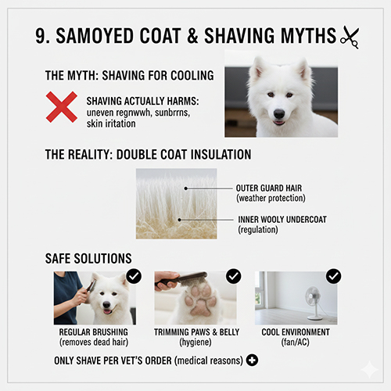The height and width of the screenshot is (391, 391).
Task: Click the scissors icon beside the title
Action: (x=348, y=36)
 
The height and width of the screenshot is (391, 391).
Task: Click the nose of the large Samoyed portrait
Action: (x=279, y=113)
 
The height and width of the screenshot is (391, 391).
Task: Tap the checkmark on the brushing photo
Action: (x=134, y=275)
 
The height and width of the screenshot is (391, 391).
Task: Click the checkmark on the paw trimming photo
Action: (x=233, y=275)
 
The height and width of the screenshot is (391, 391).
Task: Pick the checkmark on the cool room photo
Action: (x=333, y=275)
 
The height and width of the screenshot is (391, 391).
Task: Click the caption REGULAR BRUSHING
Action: (x=95, y=332)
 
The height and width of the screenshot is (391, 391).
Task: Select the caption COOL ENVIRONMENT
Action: (x=296, y=332)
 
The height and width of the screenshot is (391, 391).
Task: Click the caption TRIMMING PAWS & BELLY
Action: (x=195, y=332)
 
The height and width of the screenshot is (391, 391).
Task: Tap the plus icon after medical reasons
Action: (x=251, y=361)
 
